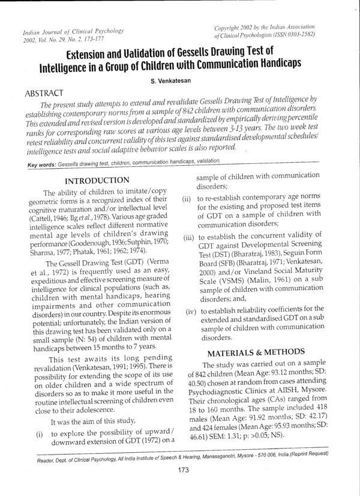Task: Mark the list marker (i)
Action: (x=40, y=433)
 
